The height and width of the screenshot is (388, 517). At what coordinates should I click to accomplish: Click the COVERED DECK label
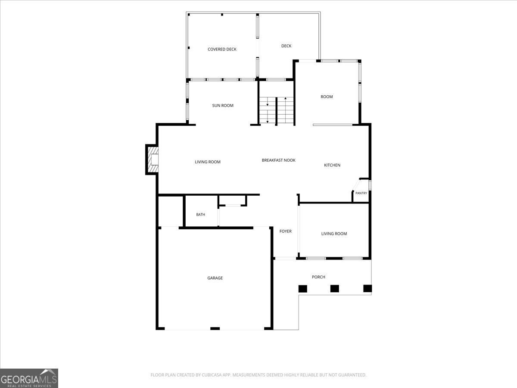pyautogui.click(x=222, y=49)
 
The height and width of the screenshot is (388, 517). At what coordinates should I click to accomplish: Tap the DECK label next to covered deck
pyautogui.click(x=286, y=46)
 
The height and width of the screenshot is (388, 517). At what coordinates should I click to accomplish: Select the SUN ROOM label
pyautogui.click(x=223, y=106)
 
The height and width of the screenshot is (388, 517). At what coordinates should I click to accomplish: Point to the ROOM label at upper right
pyautogui.click(x=327, y=97)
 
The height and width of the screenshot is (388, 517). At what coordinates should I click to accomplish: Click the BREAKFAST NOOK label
pyautogui.click(x=278, y=160)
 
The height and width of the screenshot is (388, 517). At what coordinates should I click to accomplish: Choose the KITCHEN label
pyautogui.click(x=332, y=165)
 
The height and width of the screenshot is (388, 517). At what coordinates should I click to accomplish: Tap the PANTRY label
pyautogui.click(x=361, y=193)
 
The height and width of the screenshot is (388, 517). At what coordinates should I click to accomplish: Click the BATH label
pyautogui.click(x=200, y=215)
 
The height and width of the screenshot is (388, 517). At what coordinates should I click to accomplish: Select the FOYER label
pyautogui.click(x=286, y=232)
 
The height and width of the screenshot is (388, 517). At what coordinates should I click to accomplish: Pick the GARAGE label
pyautogui.click(x=215, y=278)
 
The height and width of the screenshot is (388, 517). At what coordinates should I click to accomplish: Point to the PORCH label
pyautogui.click(x=318, y=277)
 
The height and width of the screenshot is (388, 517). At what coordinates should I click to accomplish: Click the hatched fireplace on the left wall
pyautogui.click(x=153, y=160)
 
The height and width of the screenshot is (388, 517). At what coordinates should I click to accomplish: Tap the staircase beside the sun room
pyautogui.click(x=277, y=110)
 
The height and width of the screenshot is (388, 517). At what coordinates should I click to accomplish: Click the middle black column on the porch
pyautogui.click(x=334, y=288)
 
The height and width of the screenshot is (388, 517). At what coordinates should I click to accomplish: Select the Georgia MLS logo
pyautogui.click(x=29, y=378)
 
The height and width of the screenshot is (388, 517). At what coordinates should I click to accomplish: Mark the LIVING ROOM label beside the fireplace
pyautogui.click(x=208, y=162)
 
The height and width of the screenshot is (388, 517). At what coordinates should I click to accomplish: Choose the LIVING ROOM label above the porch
pyautogui.click(x=334, y=234)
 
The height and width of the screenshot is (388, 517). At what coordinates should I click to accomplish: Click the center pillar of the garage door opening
pyautogui.click(x=215, y=329)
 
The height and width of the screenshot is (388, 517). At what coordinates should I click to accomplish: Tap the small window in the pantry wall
pyautogui.click(x=370, y=185)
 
